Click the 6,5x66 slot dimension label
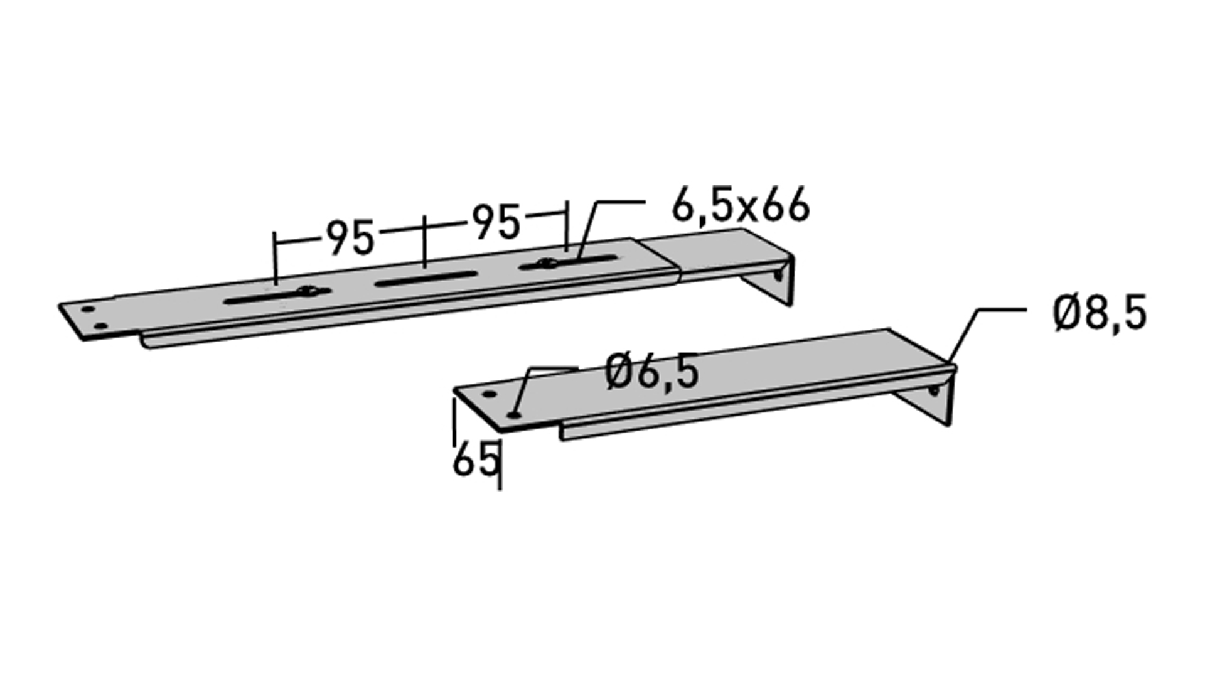[741, 205]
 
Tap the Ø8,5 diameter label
[1100, 315]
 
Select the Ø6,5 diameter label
[651, 372]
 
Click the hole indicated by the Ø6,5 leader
[515, 414]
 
